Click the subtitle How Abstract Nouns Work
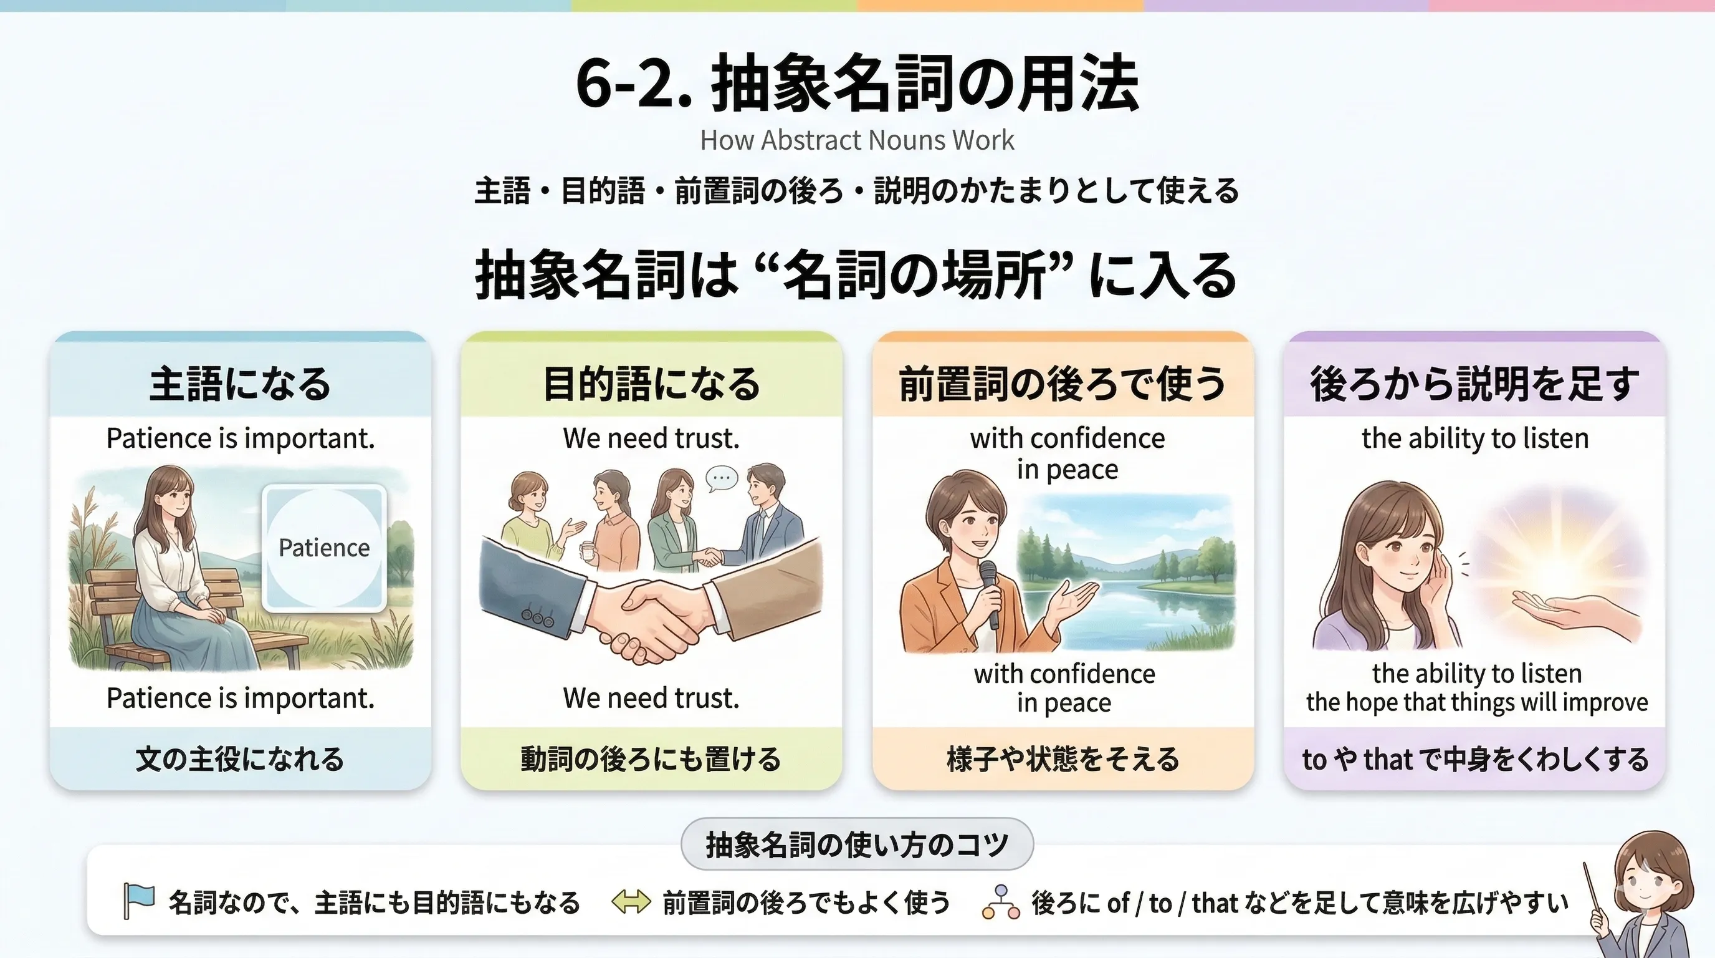[857, 140]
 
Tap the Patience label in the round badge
[324, 548]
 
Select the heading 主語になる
[240, 384]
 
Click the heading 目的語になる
[651, 384]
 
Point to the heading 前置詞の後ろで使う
[1063, 384]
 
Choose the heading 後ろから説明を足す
[1474, 384]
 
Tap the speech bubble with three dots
[722, 478]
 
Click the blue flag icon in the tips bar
[138, 901]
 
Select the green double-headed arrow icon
[631, 902]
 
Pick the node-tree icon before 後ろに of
[1000, 902]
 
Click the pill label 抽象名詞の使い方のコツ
[857, 844]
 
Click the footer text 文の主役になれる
[240, 759]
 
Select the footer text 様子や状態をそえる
[1063, 759]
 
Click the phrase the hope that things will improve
[1477, 702]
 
